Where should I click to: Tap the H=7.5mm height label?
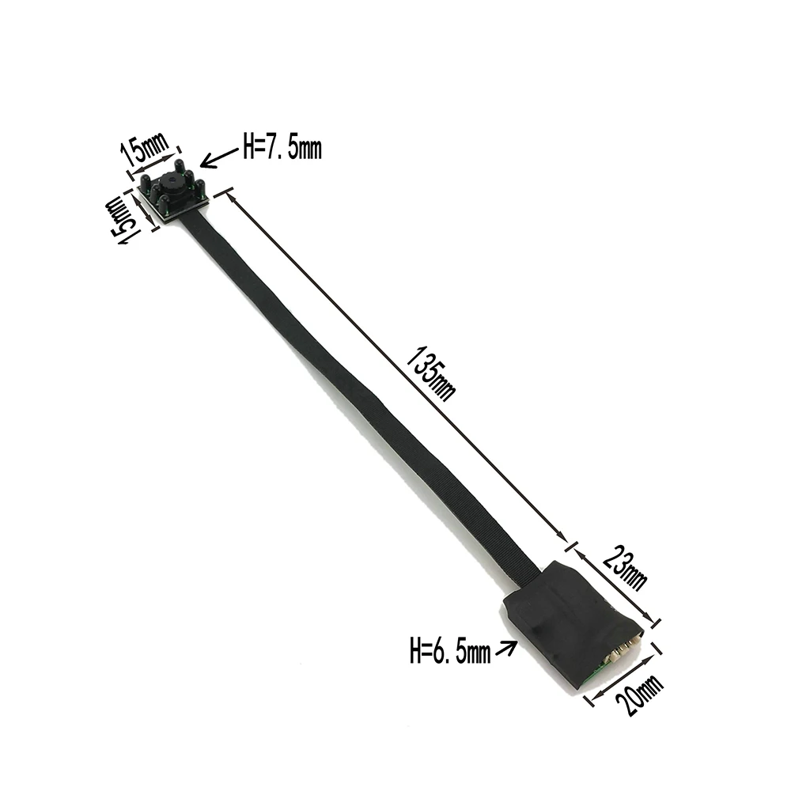282,149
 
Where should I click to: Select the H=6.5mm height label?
450,652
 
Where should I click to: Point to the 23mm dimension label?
624,567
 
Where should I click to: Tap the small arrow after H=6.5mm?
505,649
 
